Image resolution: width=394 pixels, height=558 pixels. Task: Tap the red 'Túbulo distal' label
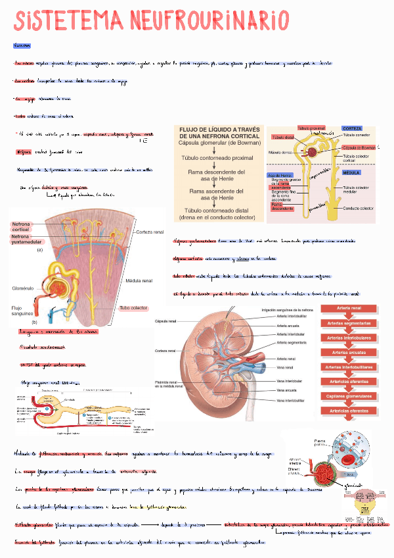284,138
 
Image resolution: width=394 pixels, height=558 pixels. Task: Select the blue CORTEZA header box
351,128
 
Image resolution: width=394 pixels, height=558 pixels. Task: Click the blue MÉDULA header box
351,172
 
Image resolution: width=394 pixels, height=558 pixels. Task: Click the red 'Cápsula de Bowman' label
358,148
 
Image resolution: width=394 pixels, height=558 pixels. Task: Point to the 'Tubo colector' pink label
133,308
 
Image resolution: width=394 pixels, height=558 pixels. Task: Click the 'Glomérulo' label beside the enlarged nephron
23,288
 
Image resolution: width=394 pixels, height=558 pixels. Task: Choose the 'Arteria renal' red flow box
348,308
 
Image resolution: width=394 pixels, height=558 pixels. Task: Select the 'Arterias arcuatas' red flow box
348,352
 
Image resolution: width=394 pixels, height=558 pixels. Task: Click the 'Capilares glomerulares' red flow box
348,396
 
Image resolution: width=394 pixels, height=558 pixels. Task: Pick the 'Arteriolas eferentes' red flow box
348,411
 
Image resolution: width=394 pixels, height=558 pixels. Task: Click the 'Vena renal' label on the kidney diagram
286,367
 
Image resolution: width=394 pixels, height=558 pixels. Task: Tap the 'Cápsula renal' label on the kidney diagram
165,321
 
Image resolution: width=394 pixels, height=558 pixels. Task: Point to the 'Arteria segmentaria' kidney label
292,342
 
